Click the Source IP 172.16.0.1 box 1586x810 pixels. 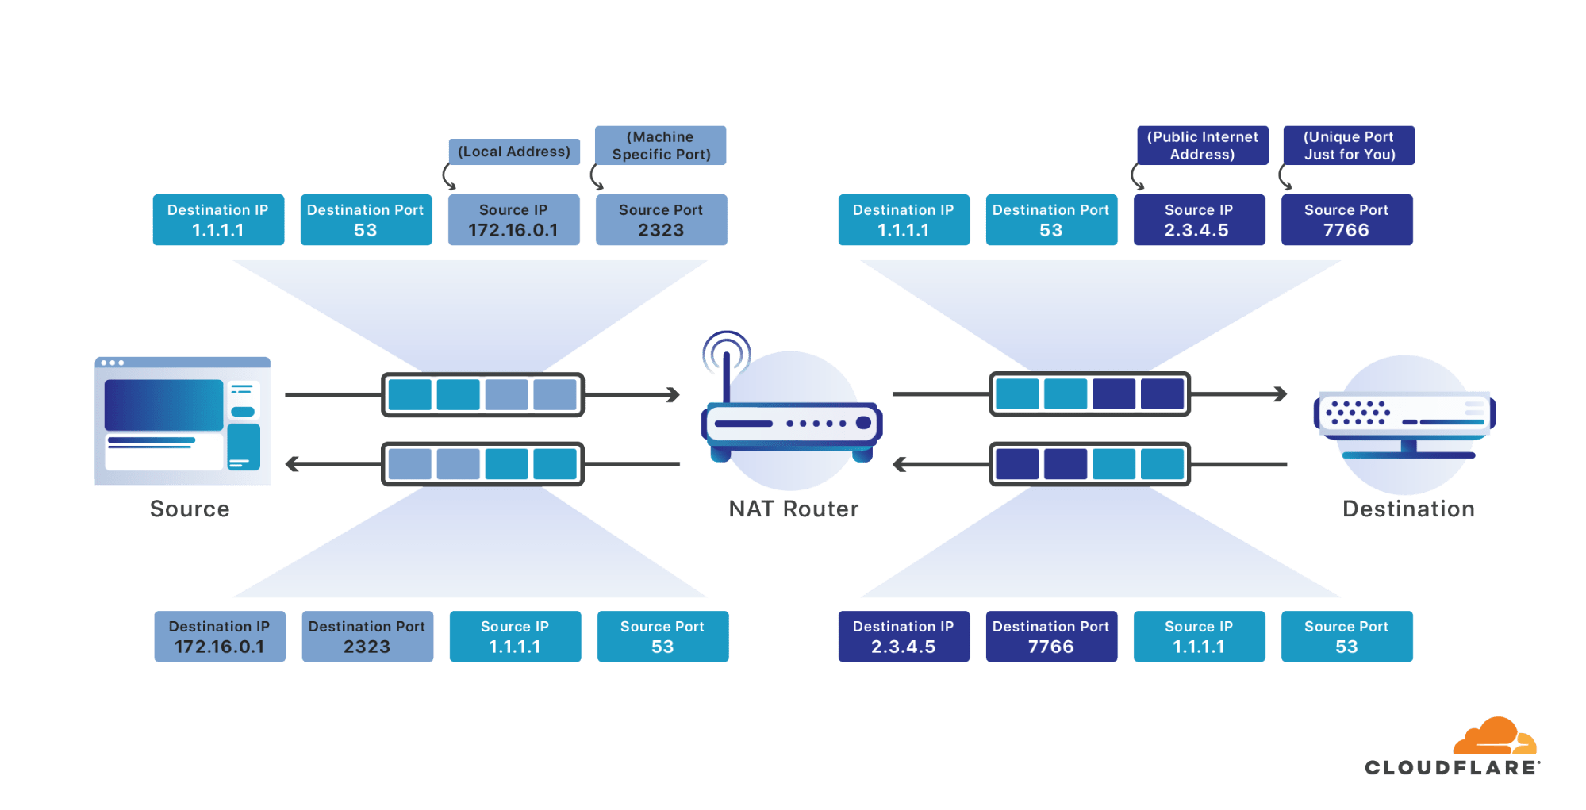point(513,220)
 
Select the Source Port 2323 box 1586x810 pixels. point(661,220)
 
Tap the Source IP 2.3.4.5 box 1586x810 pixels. point(1199,220)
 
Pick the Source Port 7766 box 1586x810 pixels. point(1346,220)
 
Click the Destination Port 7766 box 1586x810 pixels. point(1051,636)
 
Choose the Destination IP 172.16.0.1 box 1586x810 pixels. point(220,636)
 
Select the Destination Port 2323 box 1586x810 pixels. point(367,636)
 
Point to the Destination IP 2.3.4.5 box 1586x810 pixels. point(904,636)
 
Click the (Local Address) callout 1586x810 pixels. point(514,152)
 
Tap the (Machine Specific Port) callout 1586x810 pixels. point(660,145)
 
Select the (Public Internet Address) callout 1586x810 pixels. point(1202,145)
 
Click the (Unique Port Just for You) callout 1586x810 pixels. point(1349,145)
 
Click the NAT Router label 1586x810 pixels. point(793,509)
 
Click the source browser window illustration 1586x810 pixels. point(182,421)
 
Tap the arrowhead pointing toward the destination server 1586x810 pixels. point(1280,393)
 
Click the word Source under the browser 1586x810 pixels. point(190,509)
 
